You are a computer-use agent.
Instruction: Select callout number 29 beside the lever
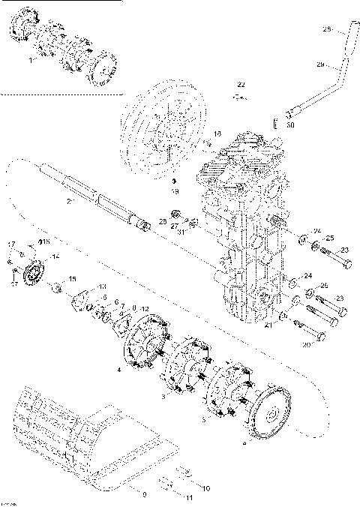[x=319, y=65]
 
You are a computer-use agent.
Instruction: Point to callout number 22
[x=241, y=82]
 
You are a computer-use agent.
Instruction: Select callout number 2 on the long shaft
[x=68, y=201]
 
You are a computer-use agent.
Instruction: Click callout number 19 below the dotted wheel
[x=173, y=192]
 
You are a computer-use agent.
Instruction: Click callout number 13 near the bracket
[x=102, y=286]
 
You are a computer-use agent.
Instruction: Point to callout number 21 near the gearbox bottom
[x=268, y=327]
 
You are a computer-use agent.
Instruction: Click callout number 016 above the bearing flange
[x=43, y=242]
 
